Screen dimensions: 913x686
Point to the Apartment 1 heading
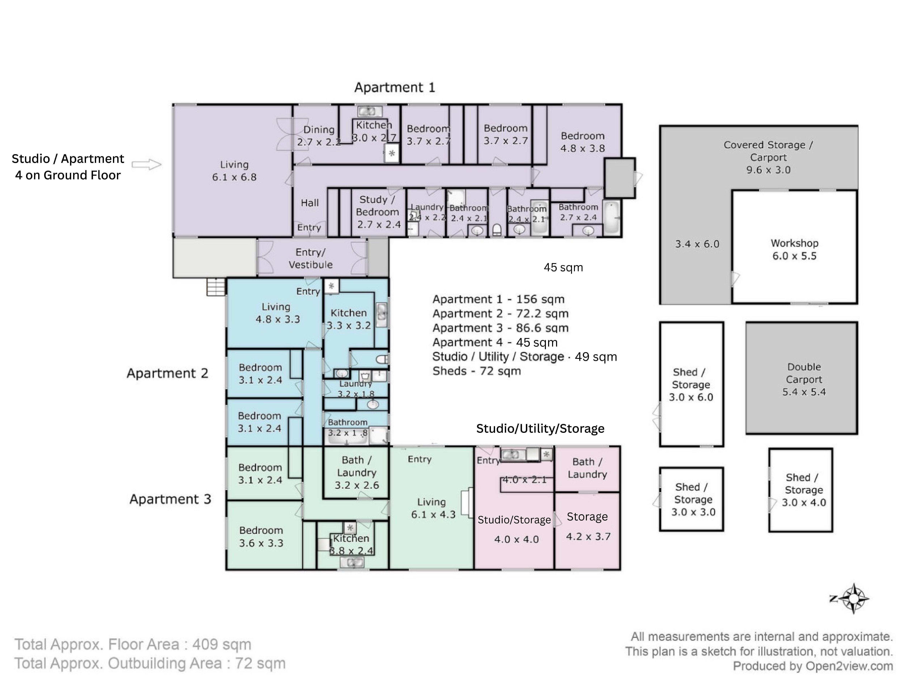point(395,87)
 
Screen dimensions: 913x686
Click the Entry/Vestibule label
point(310,258)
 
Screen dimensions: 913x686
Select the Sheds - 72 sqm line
point(477,371)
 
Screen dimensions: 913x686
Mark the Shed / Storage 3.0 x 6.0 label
point(691,385)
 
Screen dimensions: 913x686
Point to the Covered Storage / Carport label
point(768,157)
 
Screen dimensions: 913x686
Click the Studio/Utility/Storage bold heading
point(540,429)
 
